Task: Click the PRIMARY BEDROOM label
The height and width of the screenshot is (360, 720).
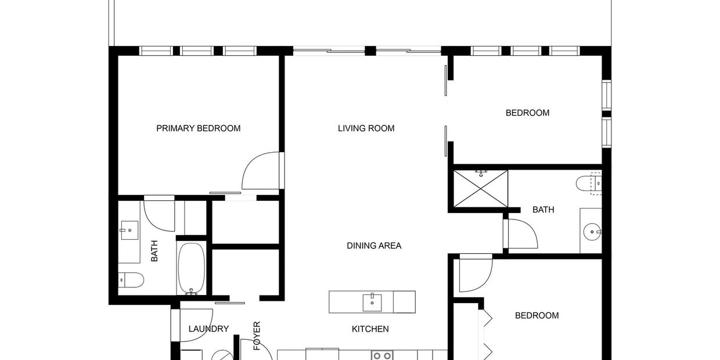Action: coord(199,128)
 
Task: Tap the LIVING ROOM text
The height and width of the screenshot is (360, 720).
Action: coord(366,128)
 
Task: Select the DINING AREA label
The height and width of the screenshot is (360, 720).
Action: coord(374,246)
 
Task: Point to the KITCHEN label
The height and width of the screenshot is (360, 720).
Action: coord(370,329)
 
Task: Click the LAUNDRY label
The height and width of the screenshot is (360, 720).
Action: coord(208,329)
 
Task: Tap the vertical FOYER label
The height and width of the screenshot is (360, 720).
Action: coord(257,336)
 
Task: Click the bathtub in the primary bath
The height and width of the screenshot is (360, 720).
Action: coord(191,269)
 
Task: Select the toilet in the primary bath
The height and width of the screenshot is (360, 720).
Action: coord(131,280)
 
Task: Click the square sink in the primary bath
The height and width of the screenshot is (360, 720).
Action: coord(129,230)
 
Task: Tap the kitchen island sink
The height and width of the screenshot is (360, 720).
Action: coord(372,303)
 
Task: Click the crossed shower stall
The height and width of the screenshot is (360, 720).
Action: coord(481,189)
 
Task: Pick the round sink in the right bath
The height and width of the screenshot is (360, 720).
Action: coord(592,232)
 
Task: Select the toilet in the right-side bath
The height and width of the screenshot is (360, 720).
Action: coord(588,183)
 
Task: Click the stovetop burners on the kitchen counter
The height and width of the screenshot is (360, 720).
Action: coord(382,355)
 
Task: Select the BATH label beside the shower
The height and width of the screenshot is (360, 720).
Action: coord(543,210)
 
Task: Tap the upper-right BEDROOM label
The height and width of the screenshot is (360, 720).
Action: coord(527,113)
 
